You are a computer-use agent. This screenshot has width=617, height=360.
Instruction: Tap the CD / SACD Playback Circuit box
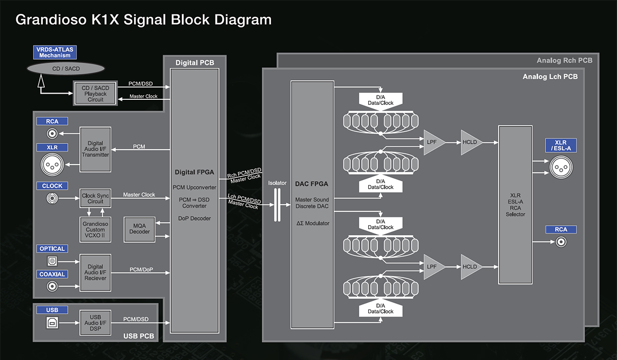click(x=95, y=94)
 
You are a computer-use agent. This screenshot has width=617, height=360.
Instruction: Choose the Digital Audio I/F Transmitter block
click(x=95, y=149)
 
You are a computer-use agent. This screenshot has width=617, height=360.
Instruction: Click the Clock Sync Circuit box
click(x=95, y=199)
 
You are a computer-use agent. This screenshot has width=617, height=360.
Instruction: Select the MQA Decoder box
click(x=139, y=228)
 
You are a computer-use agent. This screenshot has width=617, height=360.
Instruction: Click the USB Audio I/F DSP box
click(x=95, y=322)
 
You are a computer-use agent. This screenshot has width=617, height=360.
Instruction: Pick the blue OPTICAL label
click(x=52, y=249)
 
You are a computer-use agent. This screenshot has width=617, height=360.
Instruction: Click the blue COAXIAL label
click(x=52, y=275)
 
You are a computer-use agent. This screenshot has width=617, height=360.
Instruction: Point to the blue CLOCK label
click(x=52, y=186)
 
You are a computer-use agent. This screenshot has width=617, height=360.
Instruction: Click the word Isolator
click(x=277, y=183)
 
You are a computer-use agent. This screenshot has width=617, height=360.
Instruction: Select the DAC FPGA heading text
click(x=312, y=184)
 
